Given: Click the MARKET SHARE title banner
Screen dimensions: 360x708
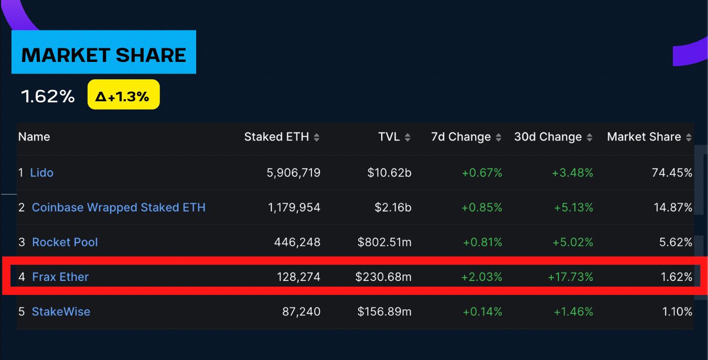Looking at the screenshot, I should coord(104,55).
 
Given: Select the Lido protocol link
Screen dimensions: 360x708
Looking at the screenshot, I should coord(42,173).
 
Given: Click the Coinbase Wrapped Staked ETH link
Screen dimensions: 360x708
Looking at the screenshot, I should coord(119,207).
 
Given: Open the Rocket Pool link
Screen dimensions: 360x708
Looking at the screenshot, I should coord(65,242).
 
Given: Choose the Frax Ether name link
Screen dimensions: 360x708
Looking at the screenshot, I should coord(60,277).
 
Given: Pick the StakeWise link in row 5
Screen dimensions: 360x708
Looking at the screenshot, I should coord(61,311).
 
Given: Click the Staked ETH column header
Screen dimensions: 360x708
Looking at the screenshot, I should coord(277,137).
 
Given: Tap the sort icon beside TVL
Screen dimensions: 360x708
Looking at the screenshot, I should coord(407,137).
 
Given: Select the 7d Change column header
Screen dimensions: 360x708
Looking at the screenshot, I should coord(461,137).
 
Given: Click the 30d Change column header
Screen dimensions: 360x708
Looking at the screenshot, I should coord(548,137).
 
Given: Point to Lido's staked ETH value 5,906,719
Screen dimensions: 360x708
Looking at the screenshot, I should coord(294,173).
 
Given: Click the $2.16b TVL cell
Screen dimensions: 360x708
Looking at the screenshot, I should coord(393,207).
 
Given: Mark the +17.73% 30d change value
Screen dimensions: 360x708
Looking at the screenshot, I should coord(571,277).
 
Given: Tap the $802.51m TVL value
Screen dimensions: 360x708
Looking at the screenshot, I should coord(384,242).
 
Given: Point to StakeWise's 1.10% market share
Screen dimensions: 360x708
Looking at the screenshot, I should coord(677,311).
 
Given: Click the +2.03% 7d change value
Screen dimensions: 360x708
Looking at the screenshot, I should coord(481,277).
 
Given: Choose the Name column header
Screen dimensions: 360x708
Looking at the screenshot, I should coord(34,137).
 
